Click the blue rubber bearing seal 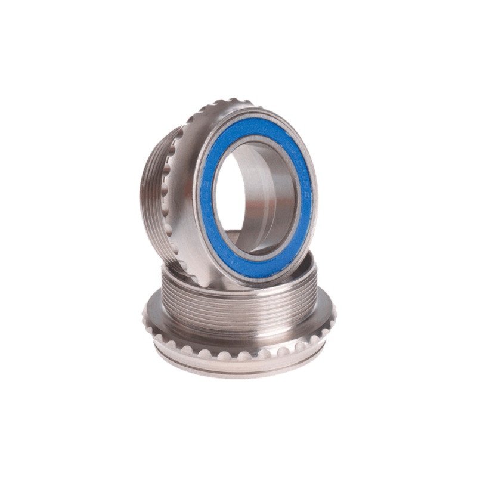coord(210,179)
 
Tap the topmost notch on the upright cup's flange coord(230,103)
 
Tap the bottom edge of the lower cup coord(238,377)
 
